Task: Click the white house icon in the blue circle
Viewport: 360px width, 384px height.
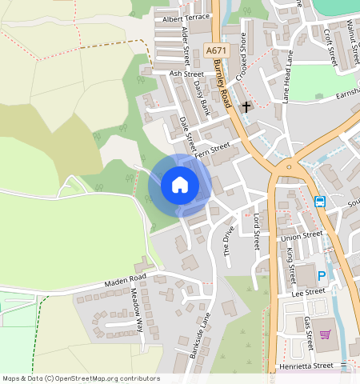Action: pos(180,186)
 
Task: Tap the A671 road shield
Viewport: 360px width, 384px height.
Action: pos(214,50)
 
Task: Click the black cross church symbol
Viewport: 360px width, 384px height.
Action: pos(246,106)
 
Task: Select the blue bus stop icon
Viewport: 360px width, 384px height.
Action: pos(320,202)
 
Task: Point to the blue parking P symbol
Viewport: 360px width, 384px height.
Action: pos(322,276)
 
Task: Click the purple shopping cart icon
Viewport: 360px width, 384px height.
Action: pos(326,334)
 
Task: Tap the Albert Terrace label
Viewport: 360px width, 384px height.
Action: pos(185,18)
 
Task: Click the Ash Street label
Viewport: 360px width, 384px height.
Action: pos(186,73)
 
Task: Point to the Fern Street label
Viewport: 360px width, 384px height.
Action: pos(212,150)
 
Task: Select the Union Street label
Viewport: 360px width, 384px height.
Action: pos(300,236)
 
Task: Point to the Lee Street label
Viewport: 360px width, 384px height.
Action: pos(309,292)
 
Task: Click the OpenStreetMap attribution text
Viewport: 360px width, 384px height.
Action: pos(80,378)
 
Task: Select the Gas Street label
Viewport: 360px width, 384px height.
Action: pos(309,333)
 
